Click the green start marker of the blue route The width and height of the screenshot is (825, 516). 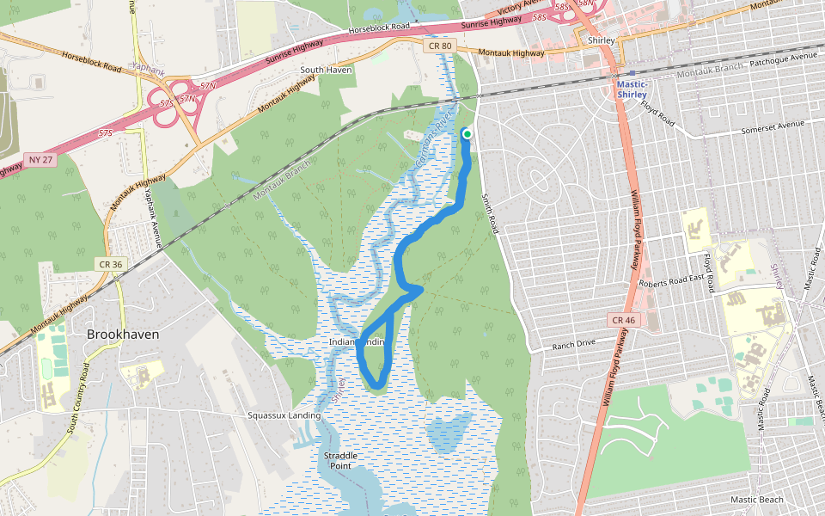467,133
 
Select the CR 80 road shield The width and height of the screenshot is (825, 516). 437,44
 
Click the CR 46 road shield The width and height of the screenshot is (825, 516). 625,319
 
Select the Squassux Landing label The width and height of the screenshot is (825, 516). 284,415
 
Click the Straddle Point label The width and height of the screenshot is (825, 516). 338,460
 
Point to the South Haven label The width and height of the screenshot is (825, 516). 326,70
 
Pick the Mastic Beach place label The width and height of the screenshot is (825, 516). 756,500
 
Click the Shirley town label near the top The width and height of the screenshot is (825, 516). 602,40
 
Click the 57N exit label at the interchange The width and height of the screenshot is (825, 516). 207,85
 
